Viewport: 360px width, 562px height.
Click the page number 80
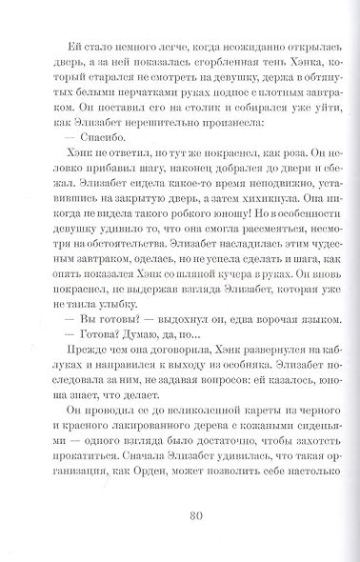click(x=180, y=518)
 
